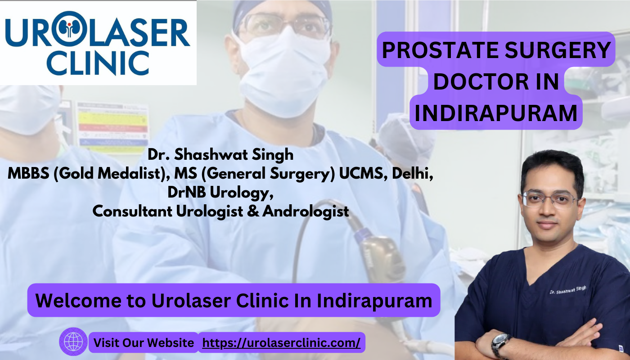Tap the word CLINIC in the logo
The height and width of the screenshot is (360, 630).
coord(98,63)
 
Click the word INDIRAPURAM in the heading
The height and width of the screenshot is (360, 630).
coord(496,113)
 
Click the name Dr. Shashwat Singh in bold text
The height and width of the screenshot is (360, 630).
coord(220,154)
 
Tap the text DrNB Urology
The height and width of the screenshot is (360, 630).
coord(220,193)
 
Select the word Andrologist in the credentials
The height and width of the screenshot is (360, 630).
coord(306,211)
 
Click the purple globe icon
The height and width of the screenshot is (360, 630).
coord(73,342)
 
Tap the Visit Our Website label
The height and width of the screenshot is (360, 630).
coord(144,342)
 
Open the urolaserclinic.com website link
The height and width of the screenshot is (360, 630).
coord(281,342)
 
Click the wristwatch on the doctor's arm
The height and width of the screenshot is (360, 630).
coord(501,345)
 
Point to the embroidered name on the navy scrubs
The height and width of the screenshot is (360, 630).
coord(568,290)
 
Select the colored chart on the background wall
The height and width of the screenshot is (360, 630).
coord(112,128)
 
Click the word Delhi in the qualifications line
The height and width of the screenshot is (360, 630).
coord(412,173)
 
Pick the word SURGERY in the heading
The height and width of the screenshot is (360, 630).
coord(558,50)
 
